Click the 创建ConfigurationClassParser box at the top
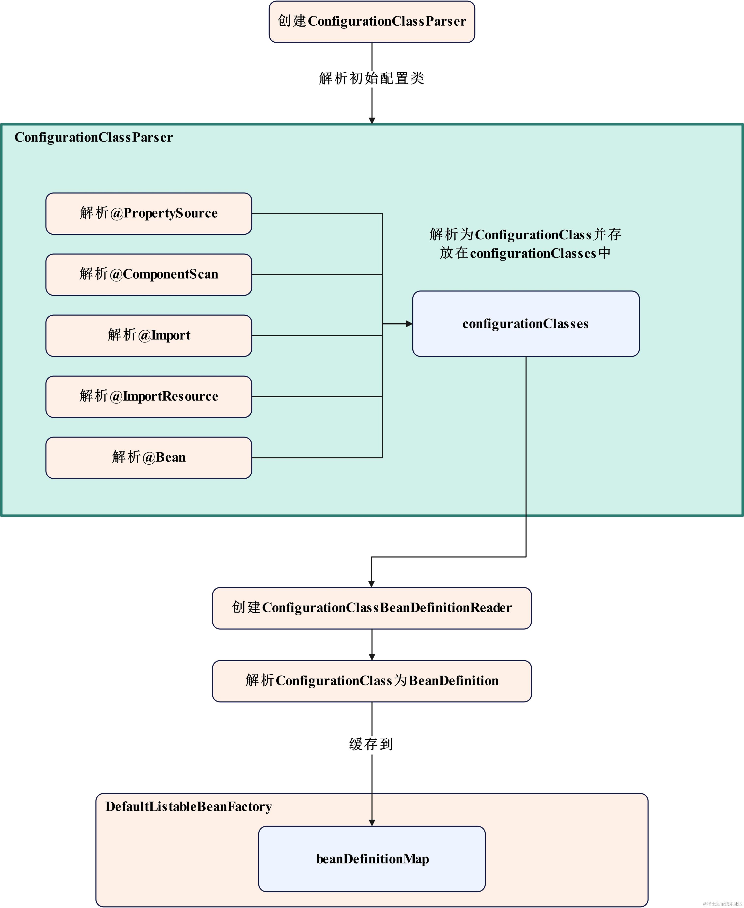click(372, 21)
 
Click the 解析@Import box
click(149, 335)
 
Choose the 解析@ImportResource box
click(149, 397)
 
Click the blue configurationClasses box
click(526, 324)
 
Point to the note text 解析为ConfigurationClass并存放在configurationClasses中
click(526, 244)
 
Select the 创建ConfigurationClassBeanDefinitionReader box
click(372, 608)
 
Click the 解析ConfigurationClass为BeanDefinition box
click(372, 681)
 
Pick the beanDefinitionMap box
click(372, 859)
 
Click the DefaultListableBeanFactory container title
click(188, 807)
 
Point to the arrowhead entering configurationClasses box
click(409, 324)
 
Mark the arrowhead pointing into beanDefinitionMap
click(372, 823)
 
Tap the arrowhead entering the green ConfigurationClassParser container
click(372, 121)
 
